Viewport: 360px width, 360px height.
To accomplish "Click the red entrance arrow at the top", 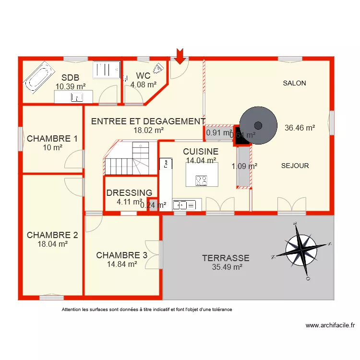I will (180, 56).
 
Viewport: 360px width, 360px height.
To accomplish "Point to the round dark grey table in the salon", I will (258, 125).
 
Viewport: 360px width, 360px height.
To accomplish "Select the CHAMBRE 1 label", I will (52, 139).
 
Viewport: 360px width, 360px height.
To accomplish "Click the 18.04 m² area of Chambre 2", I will (52, 244).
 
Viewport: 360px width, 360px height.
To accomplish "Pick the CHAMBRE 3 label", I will (121, 255).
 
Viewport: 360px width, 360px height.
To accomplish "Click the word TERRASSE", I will (226, 258).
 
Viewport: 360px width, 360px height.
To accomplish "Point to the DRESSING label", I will (129, 193).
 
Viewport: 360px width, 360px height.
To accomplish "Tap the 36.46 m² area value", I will (300, 128).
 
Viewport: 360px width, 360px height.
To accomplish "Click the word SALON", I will (294, 83).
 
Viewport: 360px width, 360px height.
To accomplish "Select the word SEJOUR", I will (295, 166).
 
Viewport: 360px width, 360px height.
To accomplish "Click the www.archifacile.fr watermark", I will (330, 325).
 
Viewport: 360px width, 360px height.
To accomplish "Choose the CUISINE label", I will (201, 152).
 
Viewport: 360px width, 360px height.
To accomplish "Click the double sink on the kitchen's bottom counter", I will (185, 205).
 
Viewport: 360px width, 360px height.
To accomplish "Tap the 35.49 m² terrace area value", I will (227, 267).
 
